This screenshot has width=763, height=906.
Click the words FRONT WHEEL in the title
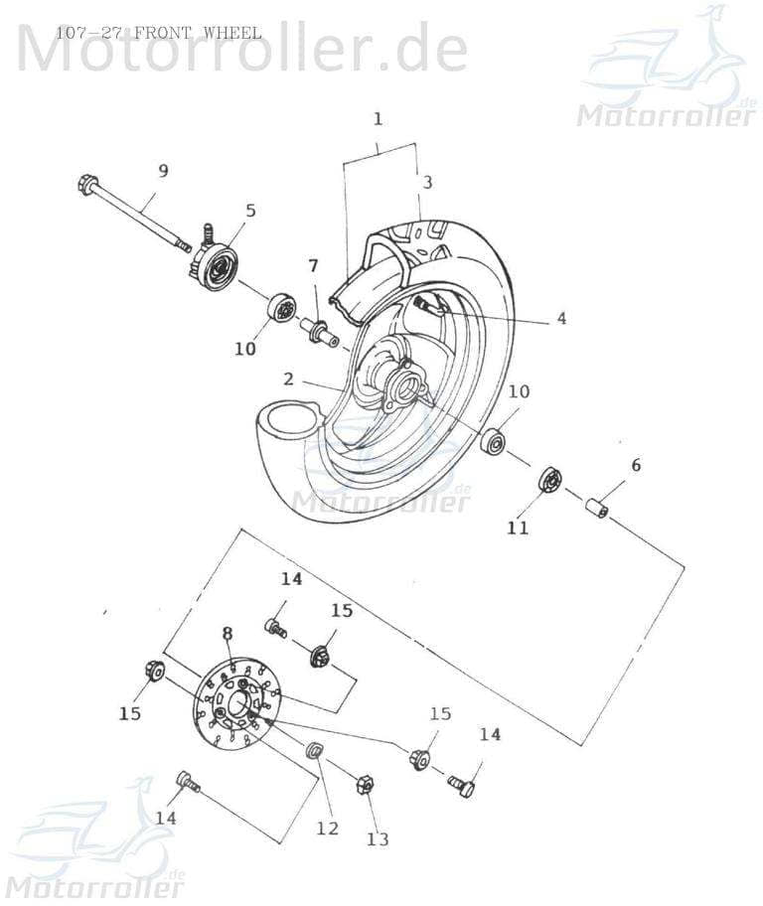pos(198,33)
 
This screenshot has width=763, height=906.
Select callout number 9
pos(163,171)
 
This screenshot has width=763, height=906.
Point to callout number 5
pos(250,211)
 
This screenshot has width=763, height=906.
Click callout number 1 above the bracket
pos(378,119)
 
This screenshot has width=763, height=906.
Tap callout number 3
pos(427,183)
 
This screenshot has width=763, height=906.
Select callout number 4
pos(561,319)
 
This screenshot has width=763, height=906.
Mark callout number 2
pos(287,378)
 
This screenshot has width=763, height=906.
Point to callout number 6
pos(636,465)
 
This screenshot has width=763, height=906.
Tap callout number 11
pos(518,528)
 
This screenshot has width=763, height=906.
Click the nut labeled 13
pos(364,786)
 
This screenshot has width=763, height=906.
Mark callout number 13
pos(378,839)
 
